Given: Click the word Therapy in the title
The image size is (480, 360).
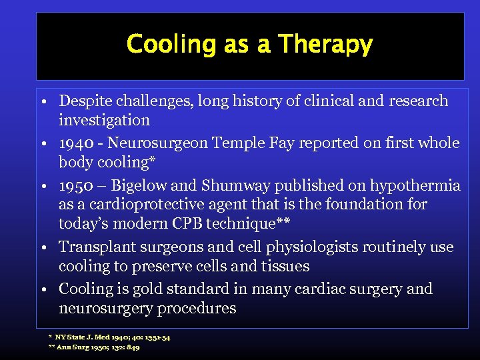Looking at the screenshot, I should click(x=325, y=45).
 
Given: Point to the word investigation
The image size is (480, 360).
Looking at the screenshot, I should click(x=104, y=121).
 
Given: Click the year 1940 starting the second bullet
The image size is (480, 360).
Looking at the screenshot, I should click(x=77, y=143).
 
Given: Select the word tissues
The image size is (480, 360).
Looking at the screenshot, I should click(x=285, y=266).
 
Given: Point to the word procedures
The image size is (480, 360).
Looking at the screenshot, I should click(x=195, y=309).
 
